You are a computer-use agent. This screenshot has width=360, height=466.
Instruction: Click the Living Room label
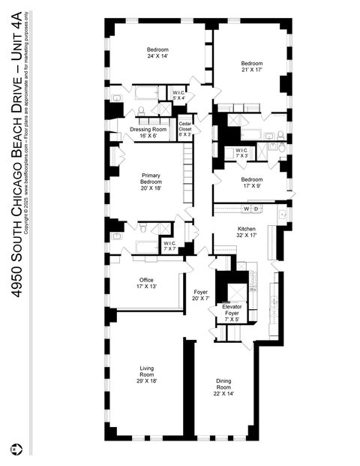pos(147,372)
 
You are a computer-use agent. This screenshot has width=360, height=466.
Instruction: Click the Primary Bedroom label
pos(151,182)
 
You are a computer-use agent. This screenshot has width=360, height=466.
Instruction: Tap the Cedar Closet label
pos(184,130)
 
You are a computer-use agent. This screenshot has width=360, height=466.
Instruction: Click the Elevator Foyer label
pos(232,313)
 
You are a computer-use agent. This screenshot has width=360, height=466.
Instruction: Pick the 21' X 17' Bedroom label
pos(252,67)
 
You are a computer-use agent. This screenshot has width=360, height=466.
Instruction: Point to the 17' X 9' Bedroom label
pos(252,182)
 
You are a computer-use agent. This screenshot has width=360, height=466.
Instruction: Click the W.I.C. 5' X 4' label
pos(178,95)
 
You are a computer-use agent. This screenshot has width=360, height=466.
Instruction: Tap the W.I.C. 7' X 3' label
pos(241,152)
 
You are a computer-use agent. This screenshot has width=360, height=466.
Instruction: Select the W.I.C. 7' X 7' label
pos(170,245)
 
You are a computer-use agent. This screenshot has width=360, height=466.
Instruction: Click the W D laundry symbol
pos(250,208)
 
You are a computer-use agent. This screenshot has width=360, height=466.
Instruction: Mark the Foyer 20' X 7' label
pos(201,294)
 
